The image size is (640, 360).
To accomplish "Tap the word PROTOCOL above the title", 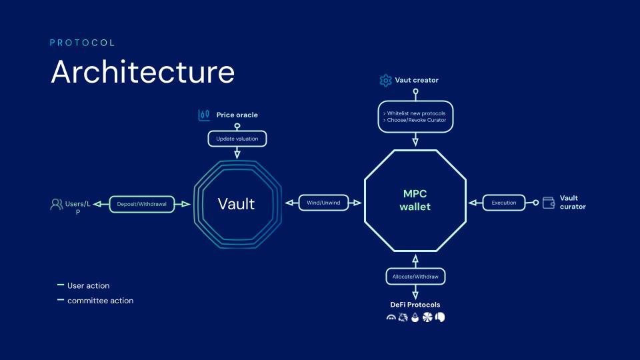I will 83,43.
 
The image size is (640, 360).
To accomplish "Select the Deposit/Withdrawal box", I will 141,203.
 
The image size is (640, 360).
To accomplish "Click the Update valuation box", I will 237,139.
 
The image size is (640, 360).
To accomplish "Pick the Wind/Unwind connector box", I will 323,203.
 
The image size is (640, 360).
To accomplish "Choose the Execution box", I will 504,203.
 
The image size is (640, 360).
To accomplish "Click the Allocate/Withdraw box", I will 415,276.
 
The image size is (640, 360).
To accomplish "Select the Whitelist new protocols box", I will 415,117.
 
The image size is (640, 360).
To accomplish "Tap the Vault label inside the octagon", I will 236,203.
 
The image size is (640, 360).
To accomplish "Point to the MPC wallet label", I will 415,200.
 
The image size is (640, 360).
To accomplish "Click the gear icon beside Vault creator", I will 385,81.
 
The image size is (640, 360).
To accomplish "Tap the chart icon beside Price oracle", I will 205,115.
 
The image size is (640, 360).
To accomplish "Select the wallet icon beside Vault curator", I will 549,203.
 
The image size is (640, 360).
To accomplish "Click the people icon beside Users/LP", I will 57,204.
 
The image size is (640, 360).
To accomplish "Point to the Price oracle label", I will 237,115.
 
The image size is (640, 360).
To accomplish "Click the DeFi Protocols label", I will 415,305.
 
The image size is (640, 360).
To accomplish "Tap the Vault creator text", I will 417,81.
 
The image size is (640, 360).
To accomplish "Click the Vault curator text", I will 573,203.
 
